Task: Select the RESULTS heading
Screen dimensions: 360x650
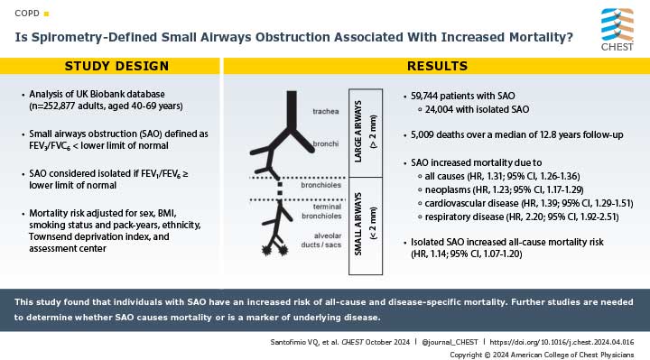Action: pyautogui.click(x=437, y=66)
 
